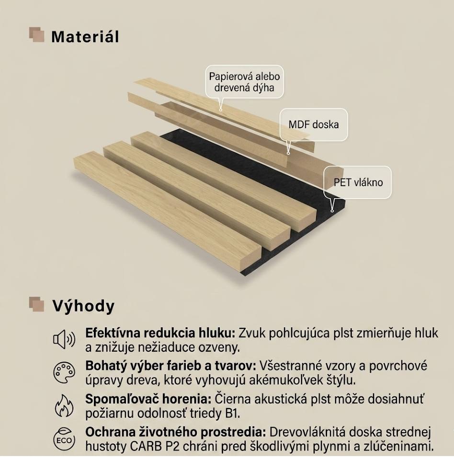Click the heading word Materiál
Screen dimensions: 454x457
(85, 37)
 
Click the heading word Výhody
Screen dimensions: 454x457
(83, 307)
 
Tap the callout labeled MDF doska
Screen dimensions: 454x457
(314, 125)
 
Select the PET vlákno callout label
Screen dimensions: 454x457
(358, 182)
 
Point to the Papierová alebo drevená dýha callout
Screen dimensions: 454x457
(244, 82)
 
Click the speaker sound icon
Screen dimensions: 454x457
(64, 340)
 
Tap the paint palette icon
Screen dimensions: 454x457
(64, 373)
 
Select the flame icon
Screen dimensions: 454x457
(64, 405)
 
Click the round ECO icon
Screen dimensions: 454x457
(64, 439)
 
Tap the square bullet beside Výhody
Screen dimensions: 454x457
(37, 304)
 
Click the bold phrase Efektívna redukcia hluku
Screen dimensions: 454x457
(160, 333)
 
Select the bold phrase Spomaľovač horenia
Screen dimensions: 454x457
(148, 399)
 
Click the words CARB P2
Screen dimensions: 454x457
(151, 446)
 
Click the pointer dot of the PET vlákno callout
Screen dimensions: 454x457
(332, 211)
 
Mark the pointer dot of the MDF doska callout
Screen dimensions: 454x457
(288, 153)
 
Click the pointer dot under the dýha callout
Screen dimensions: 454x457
(221, 110)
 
